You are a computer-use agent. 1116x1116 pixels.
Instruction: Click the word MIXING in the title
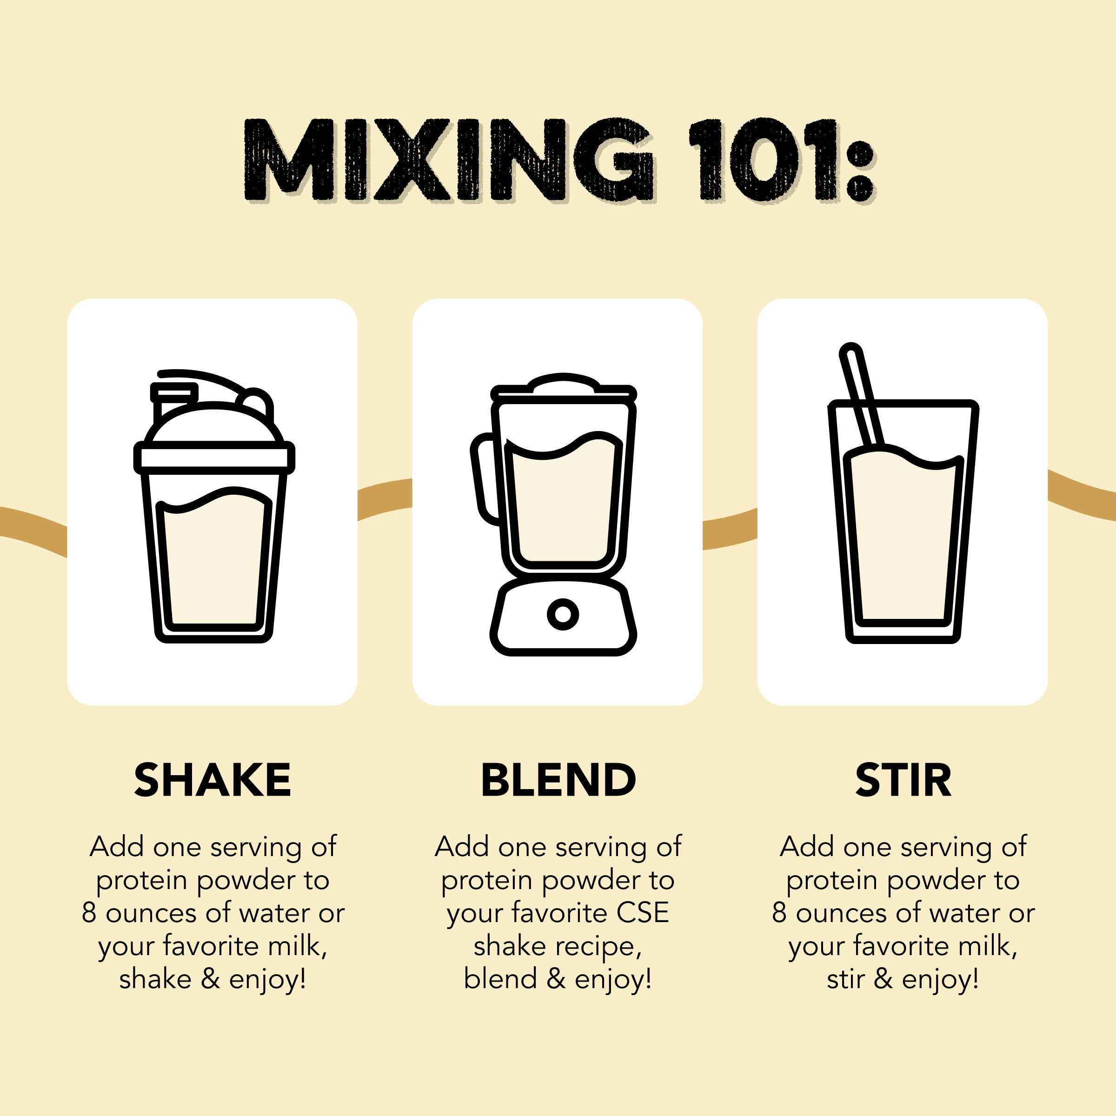click(x=449, y=160)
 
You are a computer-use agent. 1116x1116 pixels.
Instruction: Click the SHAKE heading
click(x=213, y=780)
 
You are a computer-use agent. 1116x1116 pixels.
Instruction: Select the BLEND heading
click(x=558, y=780)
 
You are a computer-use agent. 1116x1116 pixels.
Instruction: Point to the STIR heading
click(x=903, y=780)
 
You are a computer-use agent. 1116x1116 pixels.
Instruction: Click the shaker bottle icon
click(x=214, y=506)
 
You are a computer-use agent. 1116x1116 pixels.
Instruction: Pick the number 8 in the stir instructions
click(x=779, y=913)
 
